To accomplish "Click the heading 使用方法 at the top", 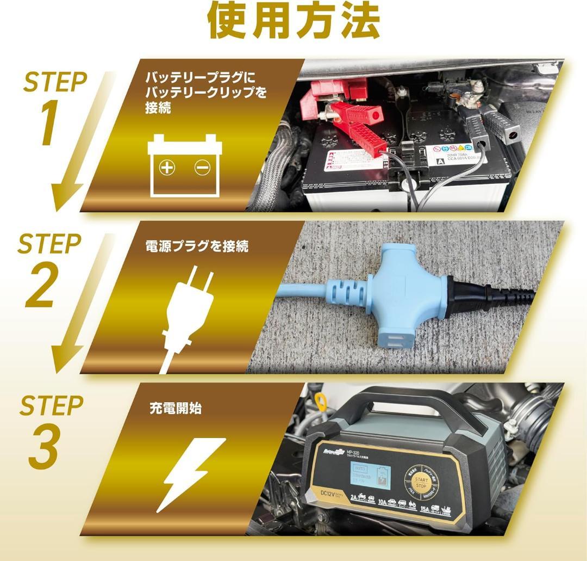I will (x=293, y=21).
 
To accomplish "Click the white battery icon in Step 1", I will (x=185, y=165).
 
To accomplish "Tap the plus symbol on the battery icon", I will (x=167, y=168).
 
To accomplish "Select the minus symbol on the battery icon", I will (x=202, y=168).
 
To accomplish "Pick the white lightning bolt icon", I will (x=193, y=473).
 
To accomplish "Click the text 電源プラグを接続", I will (x=197, y=246).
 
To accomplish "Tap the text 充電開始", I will (x=175, y=408).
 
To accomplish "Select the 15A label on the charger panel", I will (x=424, y=510).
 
